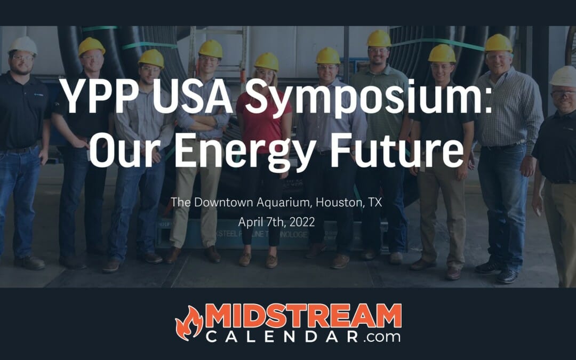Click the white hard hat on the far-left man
coord(23,45)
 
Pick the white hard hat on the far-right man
coord(563,76)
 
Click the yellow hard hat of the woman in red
coord(266,61)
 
